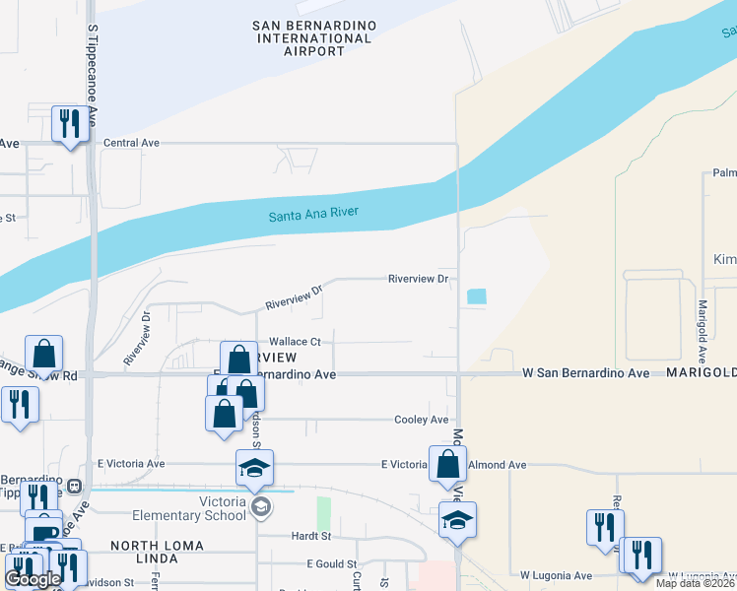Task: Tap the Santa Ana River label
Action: pyautogui.click(x=314, y=214)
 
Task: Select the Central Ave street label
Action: pyautogui.click(x=131, y=143)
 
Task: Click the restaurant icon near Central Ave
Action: pyautogui.click(x=69, y=124)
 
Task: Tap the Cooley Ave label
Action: pyautogui.click(x=422, y=420)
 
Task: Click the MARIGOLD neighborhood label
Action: pyautogui.click(x=701, y=374)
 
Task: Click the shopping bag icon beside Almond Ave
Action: pyautogui.click(x=447, y=464)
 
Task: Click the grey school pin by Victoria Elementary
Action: pyautogui.click(x=260, y=508)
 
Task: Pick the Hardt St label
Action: pyautogui.click(x=309, y=536)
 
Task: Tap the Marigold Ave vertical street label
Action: pyautogui.click(x=703, y=330)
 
